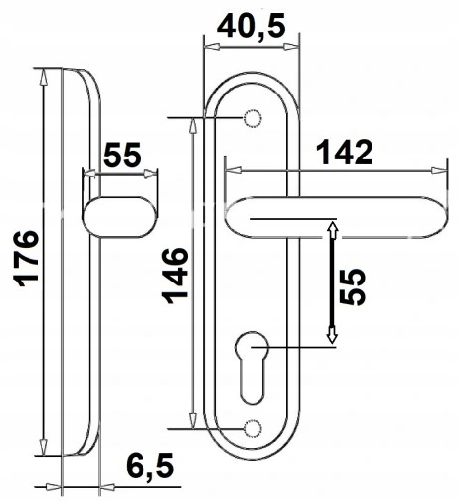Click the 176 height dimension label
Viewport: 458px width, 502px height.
[x=27, y=259]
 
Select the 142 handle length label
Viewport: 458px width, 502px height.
[x=345, y=153]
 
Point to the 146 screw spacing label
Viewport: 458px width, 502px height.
[x=175, y=277]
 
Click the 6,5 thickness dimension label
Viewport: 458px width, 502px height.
[x=149, y=467]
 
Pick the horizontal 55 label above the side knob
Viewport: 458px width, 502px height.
[x=122, y=155]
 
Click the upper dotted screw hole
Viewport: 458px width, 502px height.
[x=253, y=118]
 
